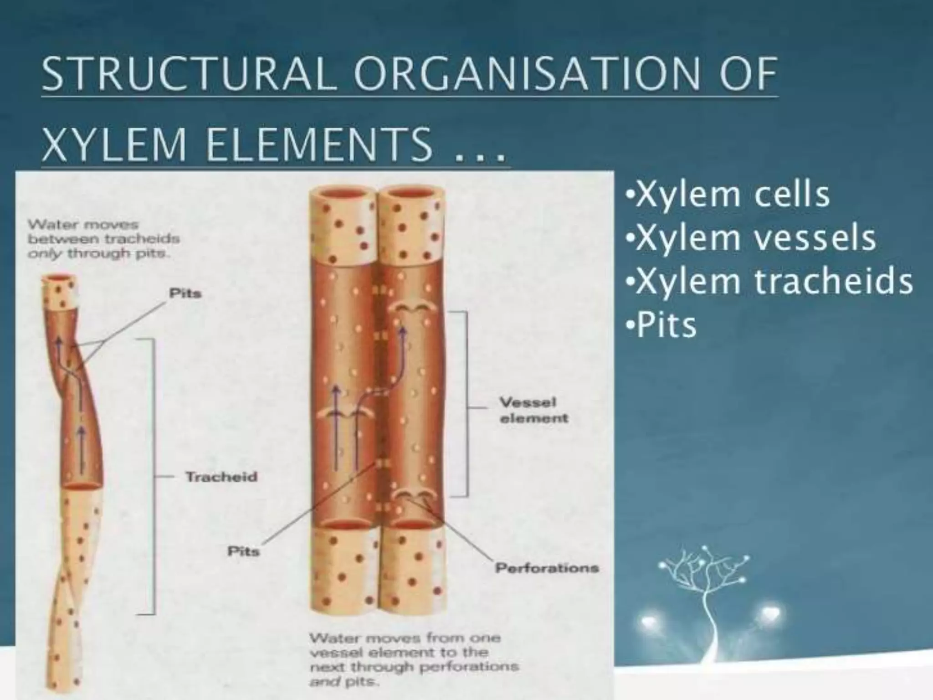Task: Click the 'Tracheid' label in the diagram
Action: tap(221, 477)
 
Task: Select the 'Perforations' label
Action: tap(547, 568)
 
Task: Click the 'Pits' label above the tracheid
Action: tap(185, 293)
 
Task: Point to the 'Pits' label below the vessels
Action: tap(243, 551)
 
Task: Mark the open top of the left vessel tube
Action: tap(343, 195)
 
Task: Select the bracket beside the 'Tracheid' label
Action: tap(152, 477)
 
